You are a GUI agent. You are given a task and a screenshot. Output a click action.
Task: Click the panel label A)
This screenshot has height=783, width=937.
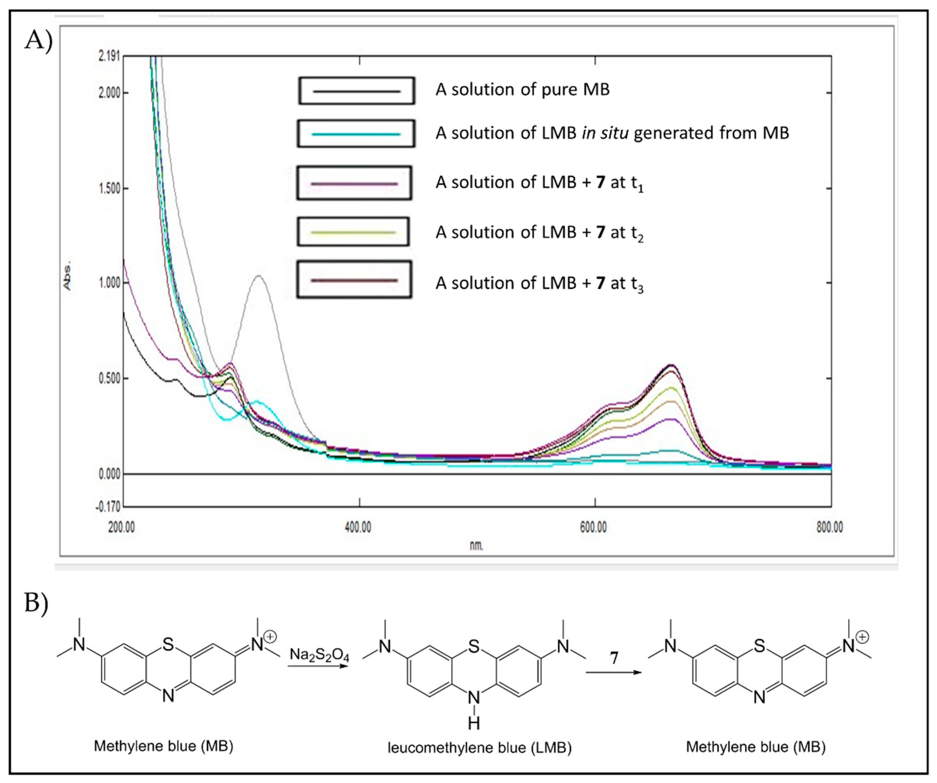pos(39,40)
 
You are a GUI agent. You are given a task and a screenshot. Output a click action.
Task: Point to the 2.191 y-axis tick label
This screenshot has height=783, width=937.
pos(109,56)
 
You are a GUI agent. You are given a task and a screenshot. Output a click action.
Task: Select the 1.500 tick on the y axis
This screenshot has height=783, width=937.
pos(109,188)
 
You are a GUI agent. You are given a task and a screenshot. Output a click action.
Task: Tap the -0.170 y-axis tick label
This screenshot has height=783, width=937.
pos(108,507)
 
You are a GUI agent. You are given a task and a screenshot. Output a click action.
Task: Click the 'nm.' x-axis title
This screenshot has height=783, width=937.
pos(476,545)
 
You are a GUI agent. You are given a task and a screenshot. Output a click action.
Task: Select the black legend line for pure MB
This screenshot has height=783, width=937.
pos(357,92)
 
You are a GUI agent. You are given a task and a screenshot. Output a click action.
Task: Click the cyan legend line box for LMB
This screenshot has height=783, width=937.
pos(356,134)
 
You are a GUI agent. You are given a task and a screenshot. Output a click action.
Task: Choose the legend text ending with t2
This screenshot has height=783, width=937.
pos(539,233)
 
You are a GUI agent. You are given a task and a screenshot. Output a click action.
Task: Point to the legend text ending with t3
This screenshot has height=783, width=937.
pos(539,284)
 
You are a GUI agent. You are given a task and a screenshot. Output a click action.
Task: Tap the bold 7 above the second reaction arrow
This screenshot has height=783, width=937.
pos(614,658)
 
